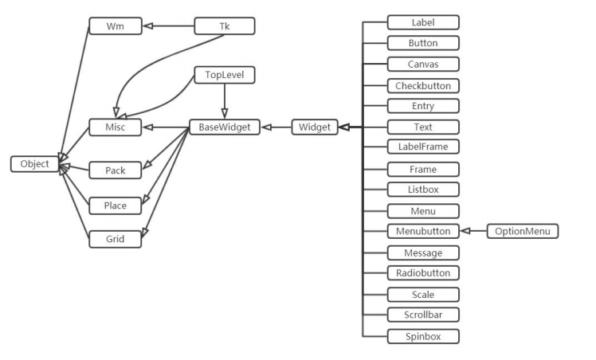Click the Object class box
coord(34,164)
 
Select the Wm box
coord(116,25)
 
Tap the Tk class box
coord(224,25)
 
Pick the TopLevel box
coord(224,75)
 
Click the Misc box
coord(116,127)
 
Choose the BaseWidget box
coord(225,127)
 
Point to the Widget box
coord(315,127)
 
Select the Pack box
coord(116,170)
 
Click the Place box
coord(116,205)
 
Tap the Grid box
coord(116,239)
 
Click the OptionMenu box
coord(522,231)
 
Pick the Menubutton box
coord(423,231)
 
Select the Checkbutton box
coord(423,86)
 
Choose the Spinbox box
coord(423,336)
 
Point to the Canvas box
coord(423,65)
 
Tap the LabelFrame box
coord(423,147)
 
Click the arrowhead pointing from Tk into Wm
coord(148,25)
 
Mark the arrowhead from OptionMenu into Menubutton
coord(465,231)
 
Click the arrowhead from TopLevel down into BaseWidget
coord(224,113)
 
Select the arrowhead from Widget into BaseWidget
coord(267,127)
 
